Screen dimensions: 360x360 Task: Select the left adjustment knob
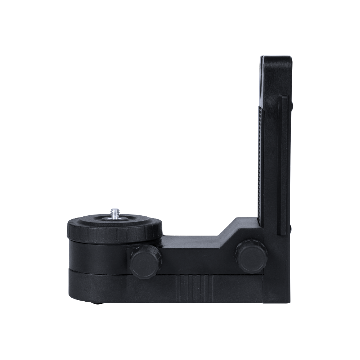(146, 261)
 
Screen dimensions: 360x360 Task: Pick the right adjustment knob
(251, 256)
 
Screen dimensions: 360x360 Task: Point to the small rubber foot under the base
(96, 303)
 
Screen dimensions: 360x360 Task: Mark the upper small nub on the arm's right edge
(292, 104)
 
